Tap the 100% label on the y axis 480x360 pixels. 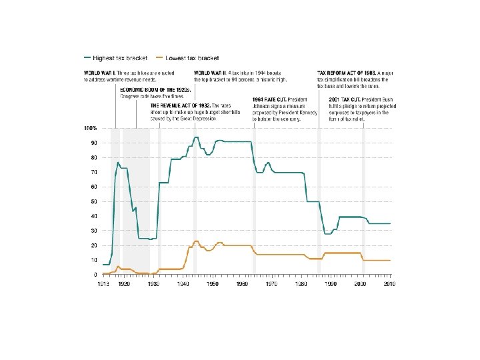click(x=90, y=128)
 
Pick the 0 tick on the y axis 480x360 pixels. click(x=95, y=275)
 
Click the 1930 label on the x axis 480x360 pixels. click(x=153, y=284)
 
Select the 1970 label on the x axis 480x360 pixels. click(x=272, y=284)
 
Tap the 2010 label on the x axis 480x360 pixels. click(x=390, y=284)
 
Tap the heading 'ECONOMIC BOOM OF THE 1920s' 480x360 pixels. click(x=155, y=89)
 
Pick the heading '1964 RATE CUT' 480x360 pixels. click(x=269, y=99)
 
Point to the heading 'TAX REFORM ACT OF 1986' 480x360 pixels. click(x=347, y=72)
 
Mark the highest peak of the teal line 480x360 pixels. click(x=196, y=137)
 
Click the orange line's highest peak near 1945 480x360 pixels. click(x=196, y=241)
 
